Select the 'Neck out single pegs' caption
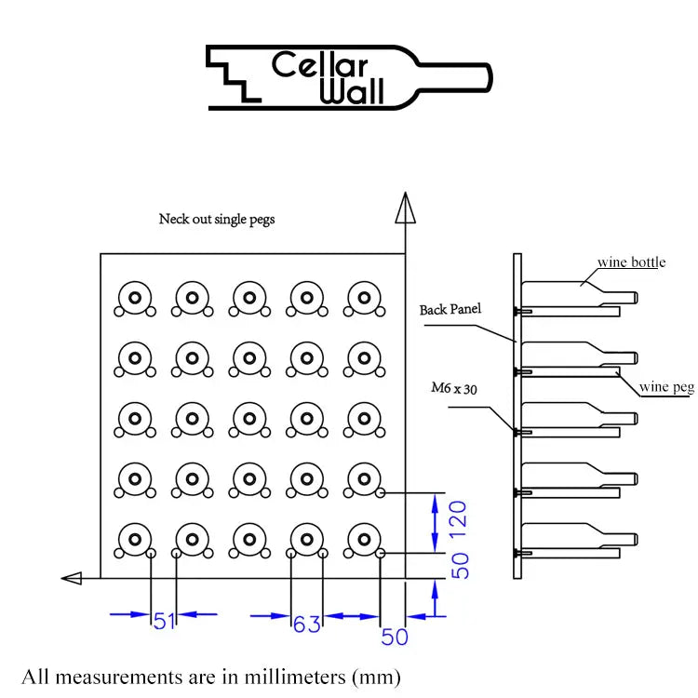(x=217, y=220)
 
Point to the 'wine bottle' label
(x=631, y=262)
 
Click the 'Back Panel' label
(x=450, y=309)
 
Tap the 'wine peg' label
(x=666, y=387)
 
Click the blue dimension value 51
(x=165, y=621)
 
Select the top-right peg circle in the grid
(x=361, y=298)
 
